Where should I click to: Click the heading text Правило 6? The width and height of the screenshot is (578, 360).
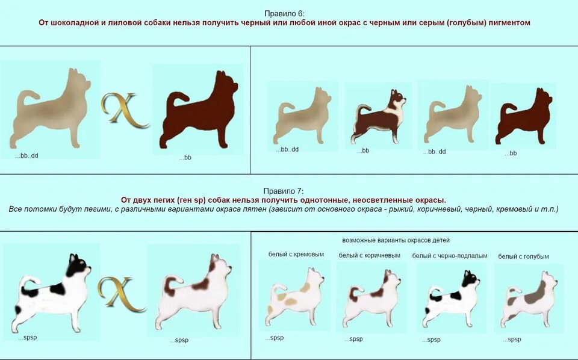click(284, 13)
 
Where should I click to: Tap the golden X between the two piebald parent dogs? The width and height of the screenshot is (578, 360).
click(122, 293)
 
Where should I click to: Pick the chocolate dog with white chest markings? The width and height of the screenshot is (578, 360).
click(379, 116)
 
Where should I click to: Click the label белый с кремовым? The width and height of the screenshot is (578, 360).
click(296, 255)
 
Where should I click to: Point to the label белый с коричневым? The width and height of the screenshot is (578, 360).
click(370, 255)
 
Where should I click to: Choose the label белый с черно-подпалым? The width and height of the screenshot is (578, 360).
click(450, 256)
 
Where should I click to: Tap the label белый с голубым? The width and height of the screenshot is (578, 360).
click(523, 256)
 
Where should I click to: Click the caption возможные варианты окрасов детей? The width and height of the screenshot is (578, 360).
click(396, 240)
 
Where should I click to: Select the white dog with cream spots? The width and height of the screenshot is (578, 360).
click(295, 297)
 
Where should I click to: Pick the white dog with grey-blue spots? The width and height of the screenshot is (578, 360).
click(527, 299)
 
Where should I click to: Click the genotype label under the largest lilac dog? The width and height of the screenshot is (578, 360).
click(27, 155)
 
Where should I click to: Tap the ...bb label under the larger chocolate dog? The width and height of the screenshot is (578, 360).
click(185, 157)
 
